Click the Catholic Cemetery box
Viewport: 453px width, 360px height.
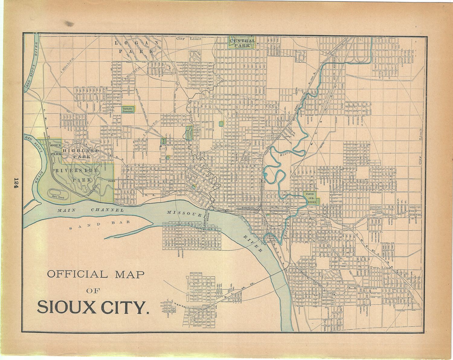tap(128, 110)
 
